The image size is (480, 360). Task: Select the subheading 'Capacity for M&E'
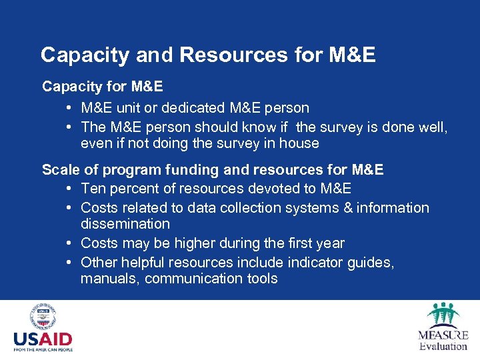(x=103, y=87)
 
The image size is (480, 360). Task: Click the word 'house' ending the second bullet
(x=301, y=143)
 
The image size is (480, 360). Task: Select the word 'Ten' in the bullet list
(x=93, y=189)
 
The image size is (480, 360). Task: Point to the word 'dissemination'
(x=125, y=224)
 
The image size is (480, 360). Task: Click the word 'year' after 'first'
(x=330, y=243)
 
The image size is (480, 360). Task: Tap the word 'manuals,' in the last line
(x=109, y=279)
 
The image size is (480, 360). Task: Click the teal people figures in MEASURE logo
(x=443, y=313)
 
